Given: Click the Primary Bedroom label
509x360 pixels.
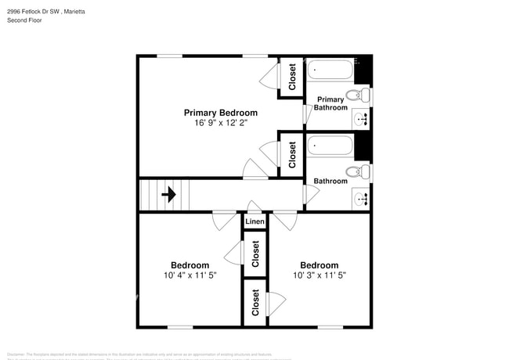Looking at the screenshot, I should tap(220, 113).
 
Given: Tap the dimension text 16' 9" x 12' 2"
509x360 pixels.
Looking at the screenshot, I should tap(220, 123).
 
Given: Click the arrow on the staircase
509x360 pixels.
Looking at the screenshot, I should tap(168, 194).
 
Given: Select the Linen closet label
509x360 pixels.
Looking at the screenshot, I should tap(254, 222).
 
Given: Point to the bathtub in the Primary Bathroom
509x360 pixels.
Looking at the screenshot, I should tap(330, 71).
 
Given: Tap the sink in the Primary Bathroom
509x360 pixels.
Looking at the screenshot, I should tap(362, 120).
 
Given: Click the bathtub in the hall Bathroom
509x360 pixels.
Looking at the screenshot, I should tap(330, 146).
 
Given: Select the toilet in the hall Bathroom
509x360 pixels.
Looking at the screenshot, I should tap(356, 171).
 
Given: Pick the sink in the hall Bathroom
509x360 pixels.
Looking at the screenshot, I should tap(362, 198).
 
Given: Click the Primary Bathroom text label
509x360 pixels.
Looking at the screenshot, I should tap(330, 103).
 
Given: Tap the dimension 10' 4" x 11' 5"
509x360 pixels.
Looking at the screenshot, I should tap(190, 275).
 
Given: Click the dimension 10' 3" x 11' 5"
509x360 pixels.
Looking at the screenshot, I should tap(319, 275).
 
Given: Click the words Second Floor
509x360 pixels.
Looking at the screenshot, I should tap(25, 20).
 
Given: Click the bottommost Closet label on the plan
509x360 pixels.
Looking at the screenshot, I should tap(255, 303).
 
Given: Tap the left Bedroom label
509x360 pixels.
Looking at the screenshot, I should tap(190, 265).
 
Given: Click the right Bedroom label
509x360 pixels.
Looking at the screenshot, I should tap(319, 265).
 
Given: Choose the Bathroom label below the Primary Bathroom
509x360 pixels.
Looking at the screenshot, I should tap(330, 182).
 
